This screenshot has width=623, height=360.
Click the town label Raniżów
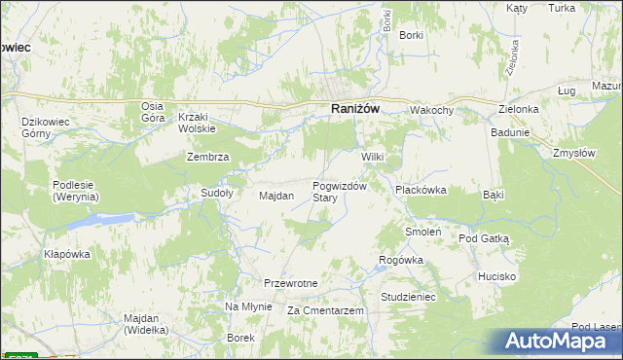click(x=354, y=109)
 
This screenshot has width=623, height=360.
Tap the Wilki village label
click(x=375, y=158)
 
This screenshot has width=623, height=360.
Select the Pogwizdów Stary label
click(x=339, y=192)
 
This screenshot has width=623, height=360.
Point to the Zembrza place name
click(x=207, y=158)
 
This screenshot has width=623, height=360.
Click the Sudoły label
click(x=216, y=193)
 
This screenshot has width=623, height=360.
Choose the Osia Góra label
click(x=152, y=112)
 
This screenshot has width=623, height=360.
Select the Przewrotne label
click(x=291, y=283)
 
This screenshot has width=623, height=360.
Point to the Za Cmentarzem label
click(x=325, y=310)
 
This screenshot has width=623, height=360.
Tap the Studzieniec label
click(x=408, y=296)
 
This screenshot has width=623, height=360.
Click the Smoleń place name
click(x=424, y=233)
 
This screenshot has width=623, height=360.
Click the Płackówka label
click(x=420, y=191)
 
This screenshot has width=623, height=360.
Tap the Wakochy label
click(x=431, y=111)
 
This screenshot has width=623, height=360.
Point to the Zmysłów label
click(x=573, y=153)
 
